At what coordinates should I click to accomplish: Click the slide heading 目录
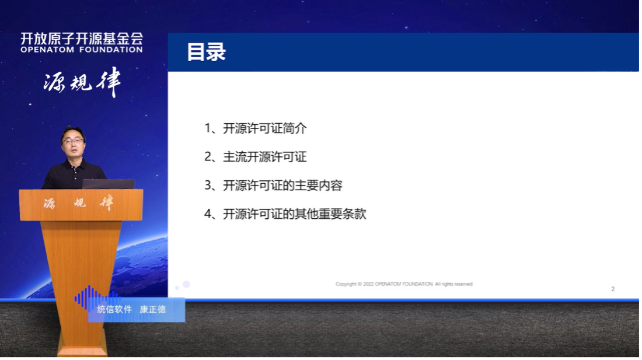tap(206, 52)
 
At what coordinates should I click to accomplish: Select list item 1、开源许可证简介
tap(255, 128)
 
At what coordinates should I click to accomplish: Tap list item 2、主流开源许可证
tap(255, 157)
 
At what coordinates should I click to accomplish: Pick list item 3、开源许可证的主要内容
tap(273, 186)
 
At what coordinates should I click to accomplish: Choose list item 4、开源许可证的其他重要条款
tap(285, 214)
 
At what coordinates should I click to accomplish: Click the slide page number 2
tap(613, 289)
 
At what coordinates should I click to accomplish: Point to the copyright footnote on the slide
tap(404, 284)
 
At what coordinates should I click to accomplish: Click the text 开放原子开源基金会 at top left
tap(81, 39)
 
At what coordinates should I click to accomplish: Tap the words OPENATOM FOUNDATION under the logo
tap(81, 50)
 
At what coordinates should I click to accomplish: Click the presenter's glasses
tap(73, 141)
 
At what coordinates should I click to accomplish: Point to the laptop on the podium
tap(108, 184)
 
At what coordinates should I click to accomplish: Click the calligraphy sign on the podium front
tap(78, 204)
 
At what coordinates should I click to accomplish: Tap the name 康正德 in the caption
tap(153, 309)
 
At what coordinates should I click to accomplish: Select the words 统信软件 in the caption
tap(114, 309)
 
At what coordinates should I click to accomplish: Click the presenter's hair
tap(73, 130)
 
